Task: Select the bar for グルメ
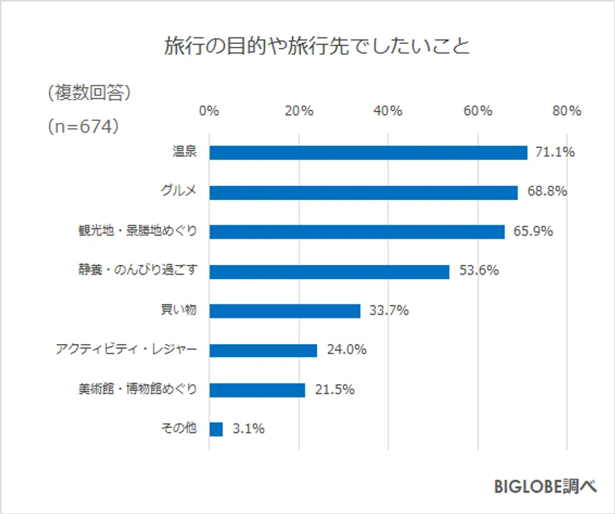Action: tap(363, 192)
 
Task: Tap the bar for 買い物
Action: tap(285, 310)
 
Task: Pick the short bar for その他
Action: tap(216, 429)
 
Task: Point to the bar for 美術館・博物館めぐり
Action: tap(257, 390)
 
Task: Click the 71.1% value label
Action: tap(554, 152)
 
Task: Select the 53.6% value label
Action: tap(479, 271)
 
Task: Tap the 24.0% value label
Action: tap(346, 350)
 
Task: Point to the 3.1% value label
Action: tap(248, 429)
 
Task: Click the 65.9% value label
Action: tap(533, 231)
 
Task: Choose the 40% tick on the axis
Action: tap(387, 111)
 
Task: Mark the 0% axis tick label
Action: tap(209, 111)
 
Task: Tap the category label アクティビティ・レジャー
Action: tap(126, 350)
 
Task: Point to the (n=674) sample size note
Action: tap(83, 126)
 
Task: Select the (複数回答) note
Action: tap(88, 92)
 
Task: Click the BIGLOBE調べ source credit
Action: tap(545, 486)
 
